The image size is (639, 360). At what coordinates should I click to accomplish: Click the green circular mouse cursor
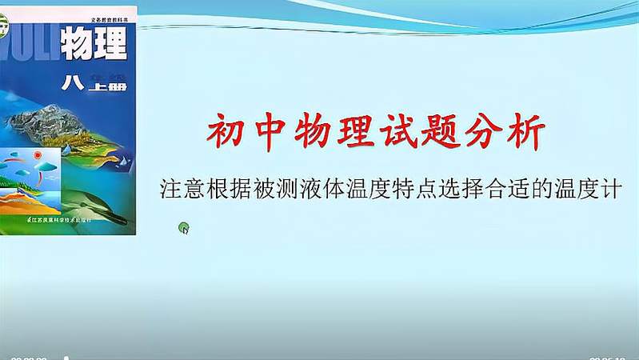(x=184, y=229)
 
